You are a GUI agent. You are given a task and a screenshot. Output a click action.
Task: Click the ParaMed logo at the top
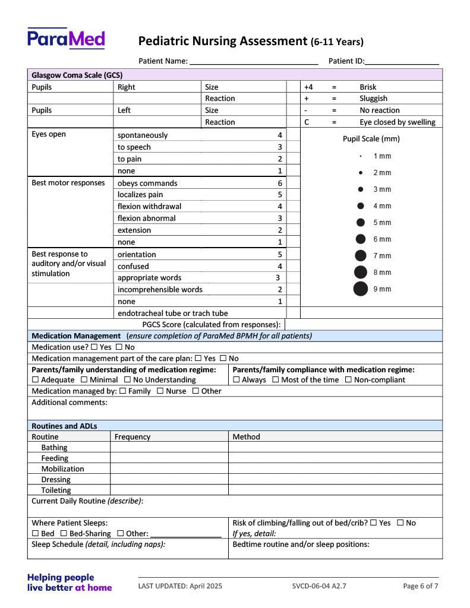[x=66, y=39]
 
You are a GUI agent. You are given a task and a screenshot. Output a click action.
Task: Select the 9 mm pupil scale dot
[x=361, y=289]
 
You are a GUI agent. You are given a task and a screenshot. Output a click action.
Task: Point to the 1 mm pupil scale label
[x=382, y=156]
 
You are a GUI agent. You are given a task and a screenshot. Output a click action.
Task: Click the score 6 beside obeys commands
[x=280, y=183]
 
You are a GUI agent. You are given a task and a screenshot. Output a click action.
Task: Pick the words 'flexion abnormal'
[x=147, y=218]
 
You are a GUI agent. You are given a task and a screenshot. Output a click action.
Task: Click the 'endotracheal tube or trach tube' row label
[x=172, y=313]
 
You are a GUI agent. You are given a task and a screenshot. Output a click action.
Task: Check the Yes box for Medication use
[x=95, y=347]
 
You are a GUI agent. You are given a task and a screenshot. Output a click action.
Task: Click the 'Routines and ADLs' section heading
[x=64, y=426]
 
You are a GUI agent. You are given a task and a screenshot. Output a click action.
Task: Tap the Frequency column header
[x=133, y=437]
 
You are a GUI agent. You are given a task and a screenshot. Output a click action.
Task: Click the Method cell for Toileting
[x=335, y=490]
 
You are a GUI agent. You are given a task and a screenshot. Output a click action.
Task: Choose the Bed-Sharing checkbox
[x=64, y=534]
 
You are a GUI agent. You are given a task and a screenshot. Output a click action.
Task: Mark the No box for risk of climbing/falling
[x=400, y=523]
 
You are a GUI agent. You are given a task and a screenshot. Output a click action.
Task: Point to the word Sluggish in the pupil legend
[x=373, y=99]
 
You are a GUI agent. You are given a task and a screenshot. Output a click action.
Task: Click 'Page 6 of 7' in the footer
[x=421, y=586]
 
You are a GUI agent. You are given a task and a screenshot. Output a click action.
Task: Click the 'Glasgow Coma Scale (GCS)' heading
[x=77, y=75]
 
